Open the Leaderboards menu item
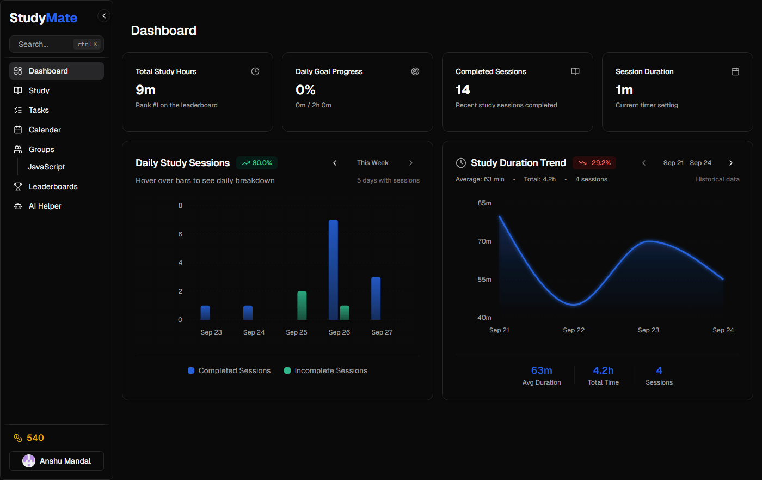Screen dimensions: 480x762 coord(53,186)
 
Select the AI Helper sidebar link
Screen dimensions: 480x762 coord(45,206)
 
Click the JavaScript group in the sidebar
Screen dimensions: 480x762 coord(46,167)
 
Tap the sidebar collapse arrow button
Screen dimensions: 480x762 coord(104,16)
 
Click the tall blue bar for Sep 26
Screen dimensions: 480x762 coord(333,270)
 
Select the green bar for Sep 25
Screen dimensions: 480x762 coord(302,306)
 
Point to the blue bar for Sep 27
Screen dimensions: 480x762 coord(376,298)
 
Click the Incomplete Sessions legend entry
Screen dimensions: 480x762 coord(325,370)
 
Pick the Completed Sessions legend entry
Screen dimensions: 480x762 coord(229,370)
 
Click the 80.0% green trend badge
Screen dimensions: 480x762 coord(257,163)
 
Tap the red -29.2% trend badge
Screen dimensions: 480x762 coord(594,163)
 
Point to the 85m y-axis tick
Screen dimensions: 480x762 coord(484,203)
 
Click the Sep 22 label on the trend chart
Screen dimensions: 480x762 coord(574,330)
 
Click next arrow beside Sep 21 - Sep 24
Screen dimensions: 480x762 coord(731,163)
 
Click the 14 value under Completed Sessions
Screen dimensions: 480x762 coord(463,90)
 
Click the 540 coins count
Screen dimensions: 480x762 coord(35,438)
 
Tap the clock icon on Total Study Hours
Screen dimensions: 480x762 coord(255,71)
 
